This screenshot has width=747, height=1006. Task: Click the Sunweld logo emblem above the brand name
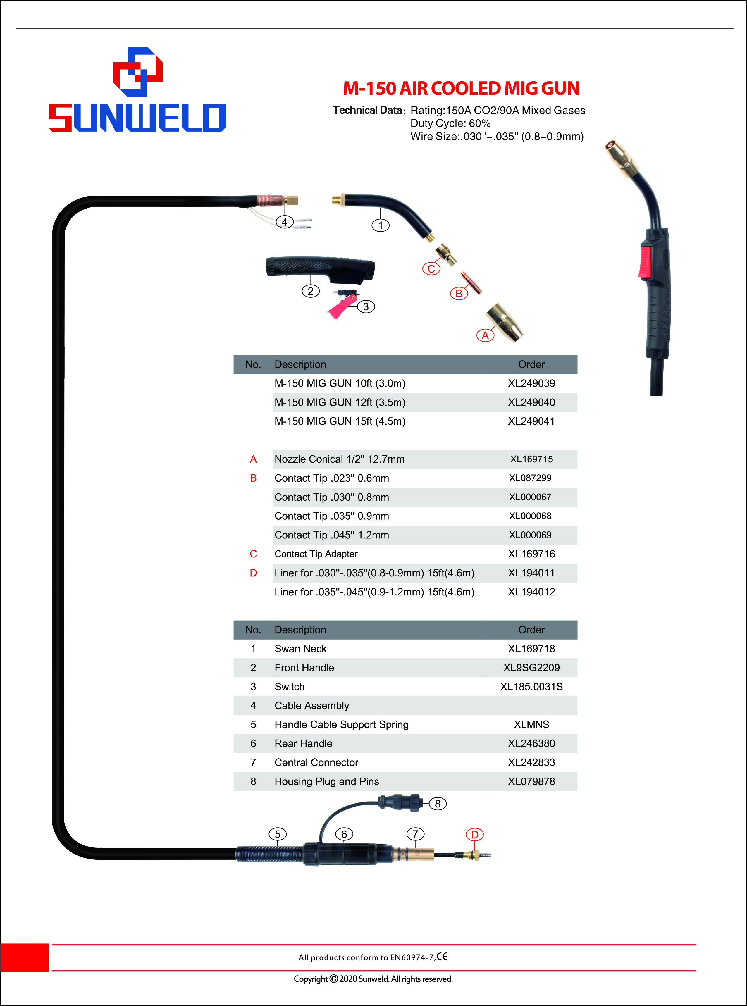(137, 72)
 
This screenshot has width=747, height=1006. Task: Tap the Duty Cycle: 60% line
(450, 123)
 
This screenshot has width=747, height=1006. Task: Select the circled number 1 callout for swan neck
(380, 225)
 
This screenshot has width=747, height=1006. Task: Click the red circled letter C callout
(431, 268)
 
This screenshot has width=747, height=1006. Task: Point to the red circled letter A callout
(485, 335)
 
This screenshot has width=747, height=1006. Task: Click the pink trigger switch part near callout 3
(342, 306)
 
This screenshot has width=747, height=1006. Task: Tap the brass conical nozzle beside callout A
(504, 322)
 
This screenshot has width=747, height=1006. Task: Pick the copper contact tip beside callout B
(471, 282)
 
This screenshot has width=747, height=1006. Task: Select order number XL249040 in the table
(531, 402)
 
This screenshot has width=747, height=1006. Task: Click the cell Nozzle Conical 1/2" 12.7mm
(340, 459)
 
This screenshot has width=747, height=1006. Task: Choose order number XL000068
(530, 516)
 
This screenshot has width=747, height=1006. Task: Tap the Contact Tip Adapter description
(316, 554)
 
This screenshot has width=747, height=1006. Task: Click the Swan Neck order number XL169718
(531, 649)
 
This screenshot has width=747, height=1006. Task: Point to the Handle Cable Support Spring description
(341, 725)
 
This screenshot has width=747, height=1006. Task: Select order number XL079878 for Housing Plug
(531, 781)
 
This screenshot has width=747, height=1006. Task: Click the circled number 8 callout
(437, 803)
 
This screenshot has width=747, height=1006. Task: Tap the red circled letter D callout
(474, 834)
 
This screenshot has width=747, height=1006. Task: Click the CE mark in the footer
(442, 956)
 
